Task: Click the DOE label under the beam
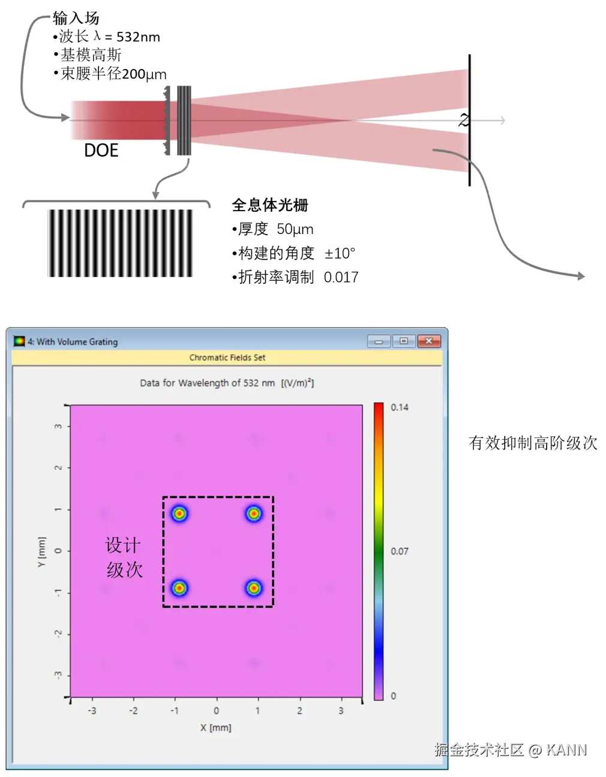coord(101,151)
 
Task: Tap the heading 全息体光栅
coord(270,205)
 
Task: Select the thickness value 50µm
coord(295,229)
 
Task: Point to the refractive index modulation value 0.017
coord(341,277)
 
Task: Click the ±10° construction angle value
coord(340,253)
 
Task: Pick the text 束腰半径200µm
coord(113,74)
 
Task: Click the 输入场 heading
coord(76,18)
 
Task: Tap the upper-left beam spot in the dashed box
coord(179,514)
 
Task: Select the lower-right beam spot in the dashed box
coord(254,588)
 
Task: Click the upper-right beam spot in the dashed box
coord(254,514)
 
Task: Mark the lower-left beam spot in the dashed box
coord(179,588)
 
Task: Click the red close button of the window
coord(429,341)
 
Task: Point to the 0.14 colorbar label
coord(400,407)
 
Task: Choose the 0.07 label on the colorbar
coord(400,551)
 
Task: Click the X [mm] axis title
coord(215,728)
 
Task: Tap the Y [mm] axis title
coord(41,551)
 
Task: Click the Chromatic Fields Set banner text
coord(227,358)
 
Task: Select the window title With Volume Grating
coord(77,342)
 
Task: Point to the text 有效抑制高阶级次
coord(533,443)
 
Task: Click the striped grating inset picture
coord(120,243)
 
